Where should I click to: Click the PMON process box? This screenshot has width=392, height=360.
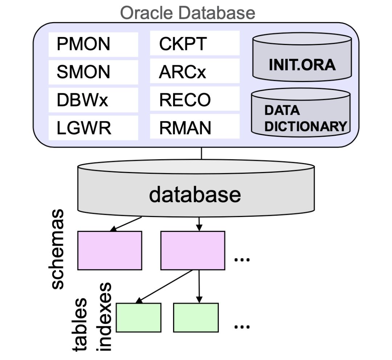[x=93, y=44]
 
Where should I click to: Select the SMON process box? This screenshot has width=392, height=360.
[x=93, y=72]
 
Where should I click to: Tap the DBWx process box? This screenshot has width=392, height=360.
[x=93, y=100]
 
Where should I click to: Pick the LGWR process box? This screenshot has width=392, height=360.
[x=93, y=128]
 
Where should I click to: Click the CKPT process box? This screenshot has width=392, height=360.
[x=195, y=44]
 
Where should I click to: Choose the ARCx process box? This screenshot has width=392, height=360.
[x=195, y=72]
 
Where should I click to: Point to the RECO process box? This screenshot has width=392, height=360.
[x=195, y=100]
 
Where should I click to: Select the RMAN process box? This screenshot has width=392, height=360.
[x=195, y=128]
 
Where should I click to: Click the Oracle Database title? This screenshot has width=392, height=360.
[x=188, y=13]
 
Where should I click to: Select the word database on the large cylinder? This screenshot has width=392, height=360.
[x=195, y=195]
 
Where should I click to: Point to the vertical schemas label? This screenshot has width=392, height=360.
[x=57, y=249]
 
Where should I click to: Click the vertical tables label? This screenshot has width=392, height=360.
[x=80, y=325]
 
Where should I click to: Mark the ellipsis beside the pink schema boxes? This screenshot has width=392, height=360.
[x=242, y=259]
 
